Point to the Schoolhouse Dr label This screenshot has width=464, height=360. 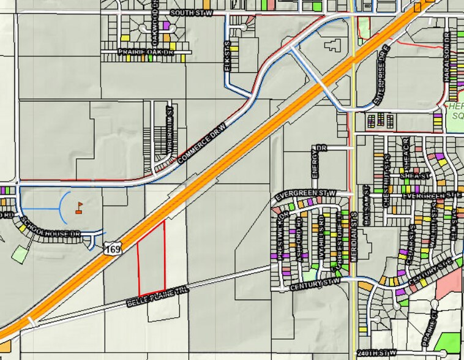tap(58, 227)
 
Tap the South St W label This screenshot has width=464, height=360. tap(190, 12)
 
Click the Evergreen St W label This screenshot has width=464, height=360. tap(305, 195)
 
